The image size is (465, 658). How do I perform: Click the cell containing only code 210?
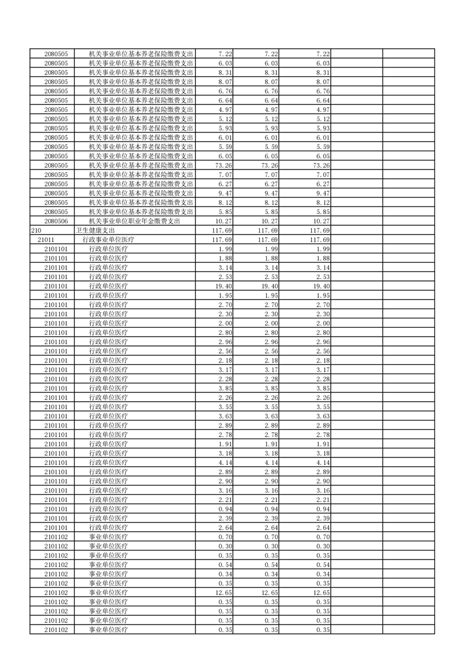(x=36, y=230)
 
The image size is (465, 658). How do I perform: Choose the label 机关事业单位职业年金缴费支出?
(x=134, y=221)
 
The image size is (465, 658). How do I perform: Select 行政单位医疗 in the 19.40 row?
(x=108, y=286)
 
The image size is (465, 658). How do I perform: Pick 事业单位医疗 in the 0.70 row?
(x=108, y=537)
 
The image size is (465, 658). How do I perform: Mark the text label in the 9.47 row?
(x=141, y=193)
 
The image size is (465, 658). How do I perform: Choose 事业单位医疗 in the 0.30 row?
(x=108, y=546)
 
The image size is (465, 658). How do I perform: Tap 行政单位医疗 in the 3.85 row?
(x=108, y=388)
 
